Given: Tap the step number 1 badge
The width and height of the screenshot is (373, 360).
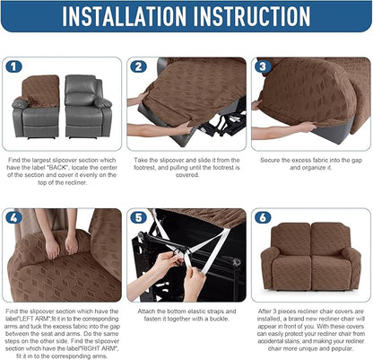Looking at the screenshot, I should pyautogui.click(x=13, y=66).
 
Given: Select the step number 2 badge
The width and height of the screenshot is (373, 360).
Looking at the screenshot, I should pyautogui.click(x=137, y=66).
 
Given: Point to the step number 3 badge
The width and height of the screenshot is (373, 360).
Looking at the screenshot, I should pyautogui.click(x=261, y=66).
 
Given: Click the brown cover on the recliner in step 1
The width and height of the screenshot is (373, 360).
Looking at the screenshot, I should pyautogui.click(x=40, y=90).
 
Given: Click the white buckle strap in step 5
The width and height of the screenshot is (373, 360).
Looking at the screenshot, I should pyautogui.click(x=184, y=260).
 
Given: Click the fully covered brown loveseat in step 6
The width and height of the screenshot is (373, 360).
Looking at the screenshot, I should pyautogui.click(x=309, y=260).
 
